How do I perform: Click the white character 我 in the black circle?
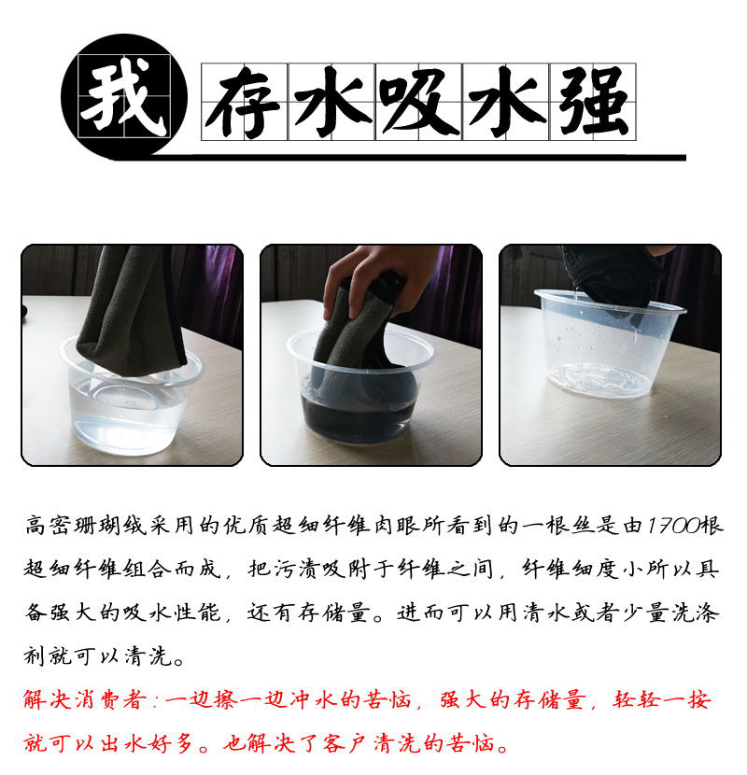click(123, 96)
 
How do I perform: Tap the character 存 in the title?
click(244, 103)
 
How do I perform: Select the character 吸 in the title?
click(418, 103)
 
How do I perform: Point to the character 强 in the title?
click(593, 103)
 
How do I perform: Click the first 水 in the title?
click(331, 103)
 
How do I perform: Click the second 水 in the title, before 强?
click(506, 103)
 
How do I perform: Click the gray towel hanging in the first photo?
click(131, 311)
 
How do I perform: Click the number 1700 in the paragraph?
click(673, 526)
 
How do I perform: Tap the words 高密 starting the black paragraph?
click(49, 526)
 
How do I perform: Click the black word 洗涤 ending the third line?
click(695, 613)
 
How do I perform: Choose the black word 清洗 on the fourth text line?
click(148, 656)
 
